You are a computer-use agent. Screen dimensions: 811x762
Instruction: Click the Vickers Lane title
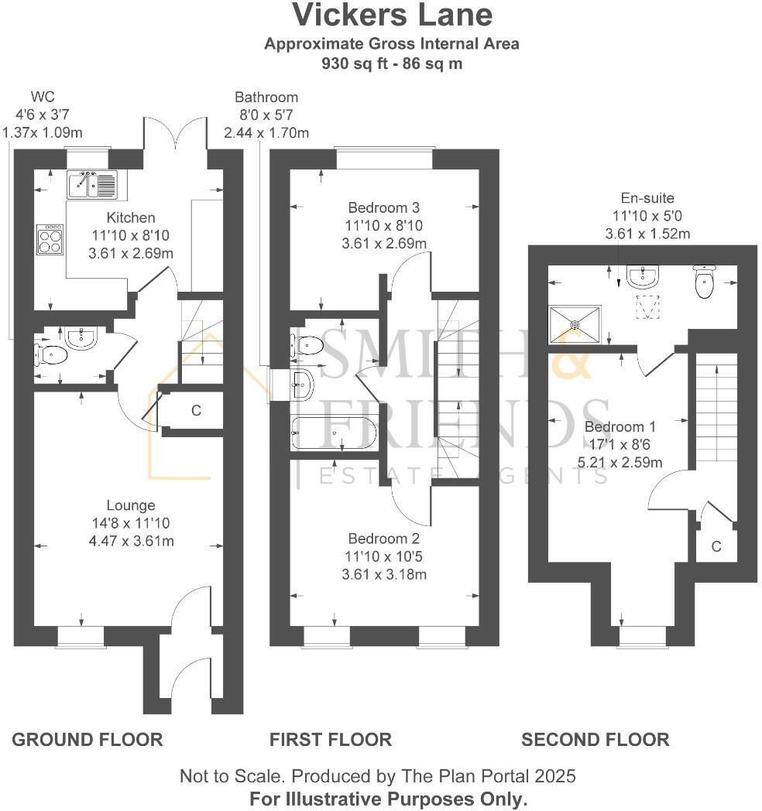click(x=391, y=15)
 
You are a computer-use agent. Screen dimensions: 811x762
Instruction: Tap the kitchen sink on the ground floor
click(x=91, y=184)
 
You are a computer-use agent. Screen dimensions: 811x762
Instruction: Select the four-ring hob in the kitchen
click(x=50, y=239)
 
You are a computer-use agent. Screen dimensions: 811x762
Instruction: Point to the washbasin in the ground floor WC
click(x=81, y=337)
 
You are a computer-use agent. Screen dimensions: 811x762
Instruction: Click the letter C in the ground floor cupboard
click(x=196, y=411)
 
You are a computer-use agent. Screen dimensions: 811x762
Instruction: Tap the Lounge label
click(x=131, y=505)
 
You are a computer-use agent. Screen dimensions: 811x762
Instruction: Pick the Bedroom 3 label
click(x=383, y=207)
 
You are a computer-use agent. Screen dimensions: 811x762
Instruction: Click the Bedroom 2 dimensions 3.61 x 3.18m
click(x=383, y=574)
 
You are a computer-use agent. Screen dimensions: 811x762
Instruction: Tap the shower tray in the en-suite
click(x=575, y=322)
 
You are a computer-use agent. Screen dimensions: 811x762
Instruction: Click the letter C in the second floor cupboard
click(x=716, y=547)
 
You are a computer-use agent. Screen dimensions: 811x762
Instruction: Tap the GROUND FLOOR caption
click(x=88, y=740)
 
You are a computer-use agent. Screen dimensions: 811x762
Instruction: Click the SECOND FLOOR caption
click(x=595, y=740)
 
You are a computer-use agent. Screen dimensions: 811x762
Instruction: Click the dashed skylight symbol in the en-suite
click(x=647, y=306)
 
